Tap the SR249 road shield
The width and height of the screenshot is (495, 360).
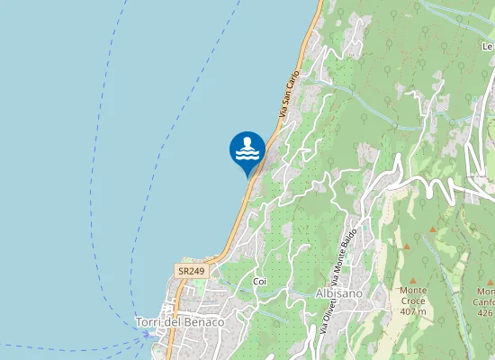point(190,270)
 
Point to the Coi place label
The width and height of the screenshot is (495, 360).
point(260,282)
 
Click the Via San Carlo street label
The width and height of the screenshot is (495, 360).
point(288,91)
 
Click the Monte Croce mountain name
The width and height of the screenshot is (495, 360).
point(413,296)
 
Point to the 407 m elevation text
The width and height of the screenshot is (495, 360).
point(413,311)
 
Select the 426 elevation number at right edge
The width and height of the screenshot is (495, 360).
point(485,313)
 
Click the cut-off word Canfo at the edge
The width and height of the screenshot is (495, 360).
point(485,302)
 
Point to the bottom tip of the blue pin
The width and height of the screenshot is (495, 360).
point(247,177)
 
